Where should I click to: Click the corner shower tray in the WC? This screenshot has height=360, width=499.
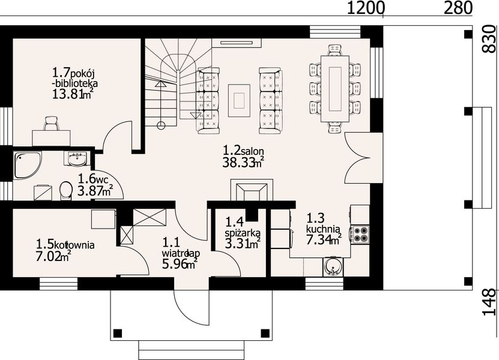point(28,165)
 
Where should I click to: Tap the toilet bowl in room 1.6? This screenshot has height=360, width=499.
point(65,190)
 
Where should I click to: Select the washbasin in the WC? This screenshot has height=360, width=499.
point(77,158)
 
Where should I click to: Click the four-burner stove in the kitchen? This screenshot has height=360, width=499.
point(360,234)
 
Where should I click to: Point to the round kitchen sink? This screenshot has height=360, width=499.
point(333,267)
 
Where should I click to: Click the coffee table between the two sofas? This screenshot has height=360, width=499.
point(239,100)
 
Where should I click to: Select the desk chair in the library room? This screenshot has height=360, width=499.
point(51,124)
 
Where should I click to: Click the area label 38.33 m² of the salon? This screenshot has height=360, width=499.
point(243,163)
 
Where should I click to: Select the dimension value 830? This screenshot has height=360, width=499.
point(490,39)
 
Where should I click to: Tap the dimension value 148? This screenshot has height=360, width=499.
point(490,302)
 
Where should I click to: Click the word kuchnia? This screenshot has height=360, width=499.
point(324,229)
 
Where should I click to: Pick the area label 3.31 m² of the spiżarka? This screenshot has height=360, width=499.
point(243,244)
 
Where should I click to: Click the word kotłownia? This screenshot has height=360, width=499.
point(74,245)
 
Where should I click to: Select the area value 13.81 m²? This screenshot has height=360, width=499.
point(73,94)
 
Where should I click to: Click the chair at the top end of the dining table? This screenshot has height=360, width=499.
point(335,50)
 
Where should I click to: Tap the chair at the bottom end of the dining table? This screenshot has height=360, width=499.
point(335,128)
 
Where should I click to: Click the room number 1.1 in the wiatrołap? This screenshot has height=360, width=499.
point(171,243)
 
